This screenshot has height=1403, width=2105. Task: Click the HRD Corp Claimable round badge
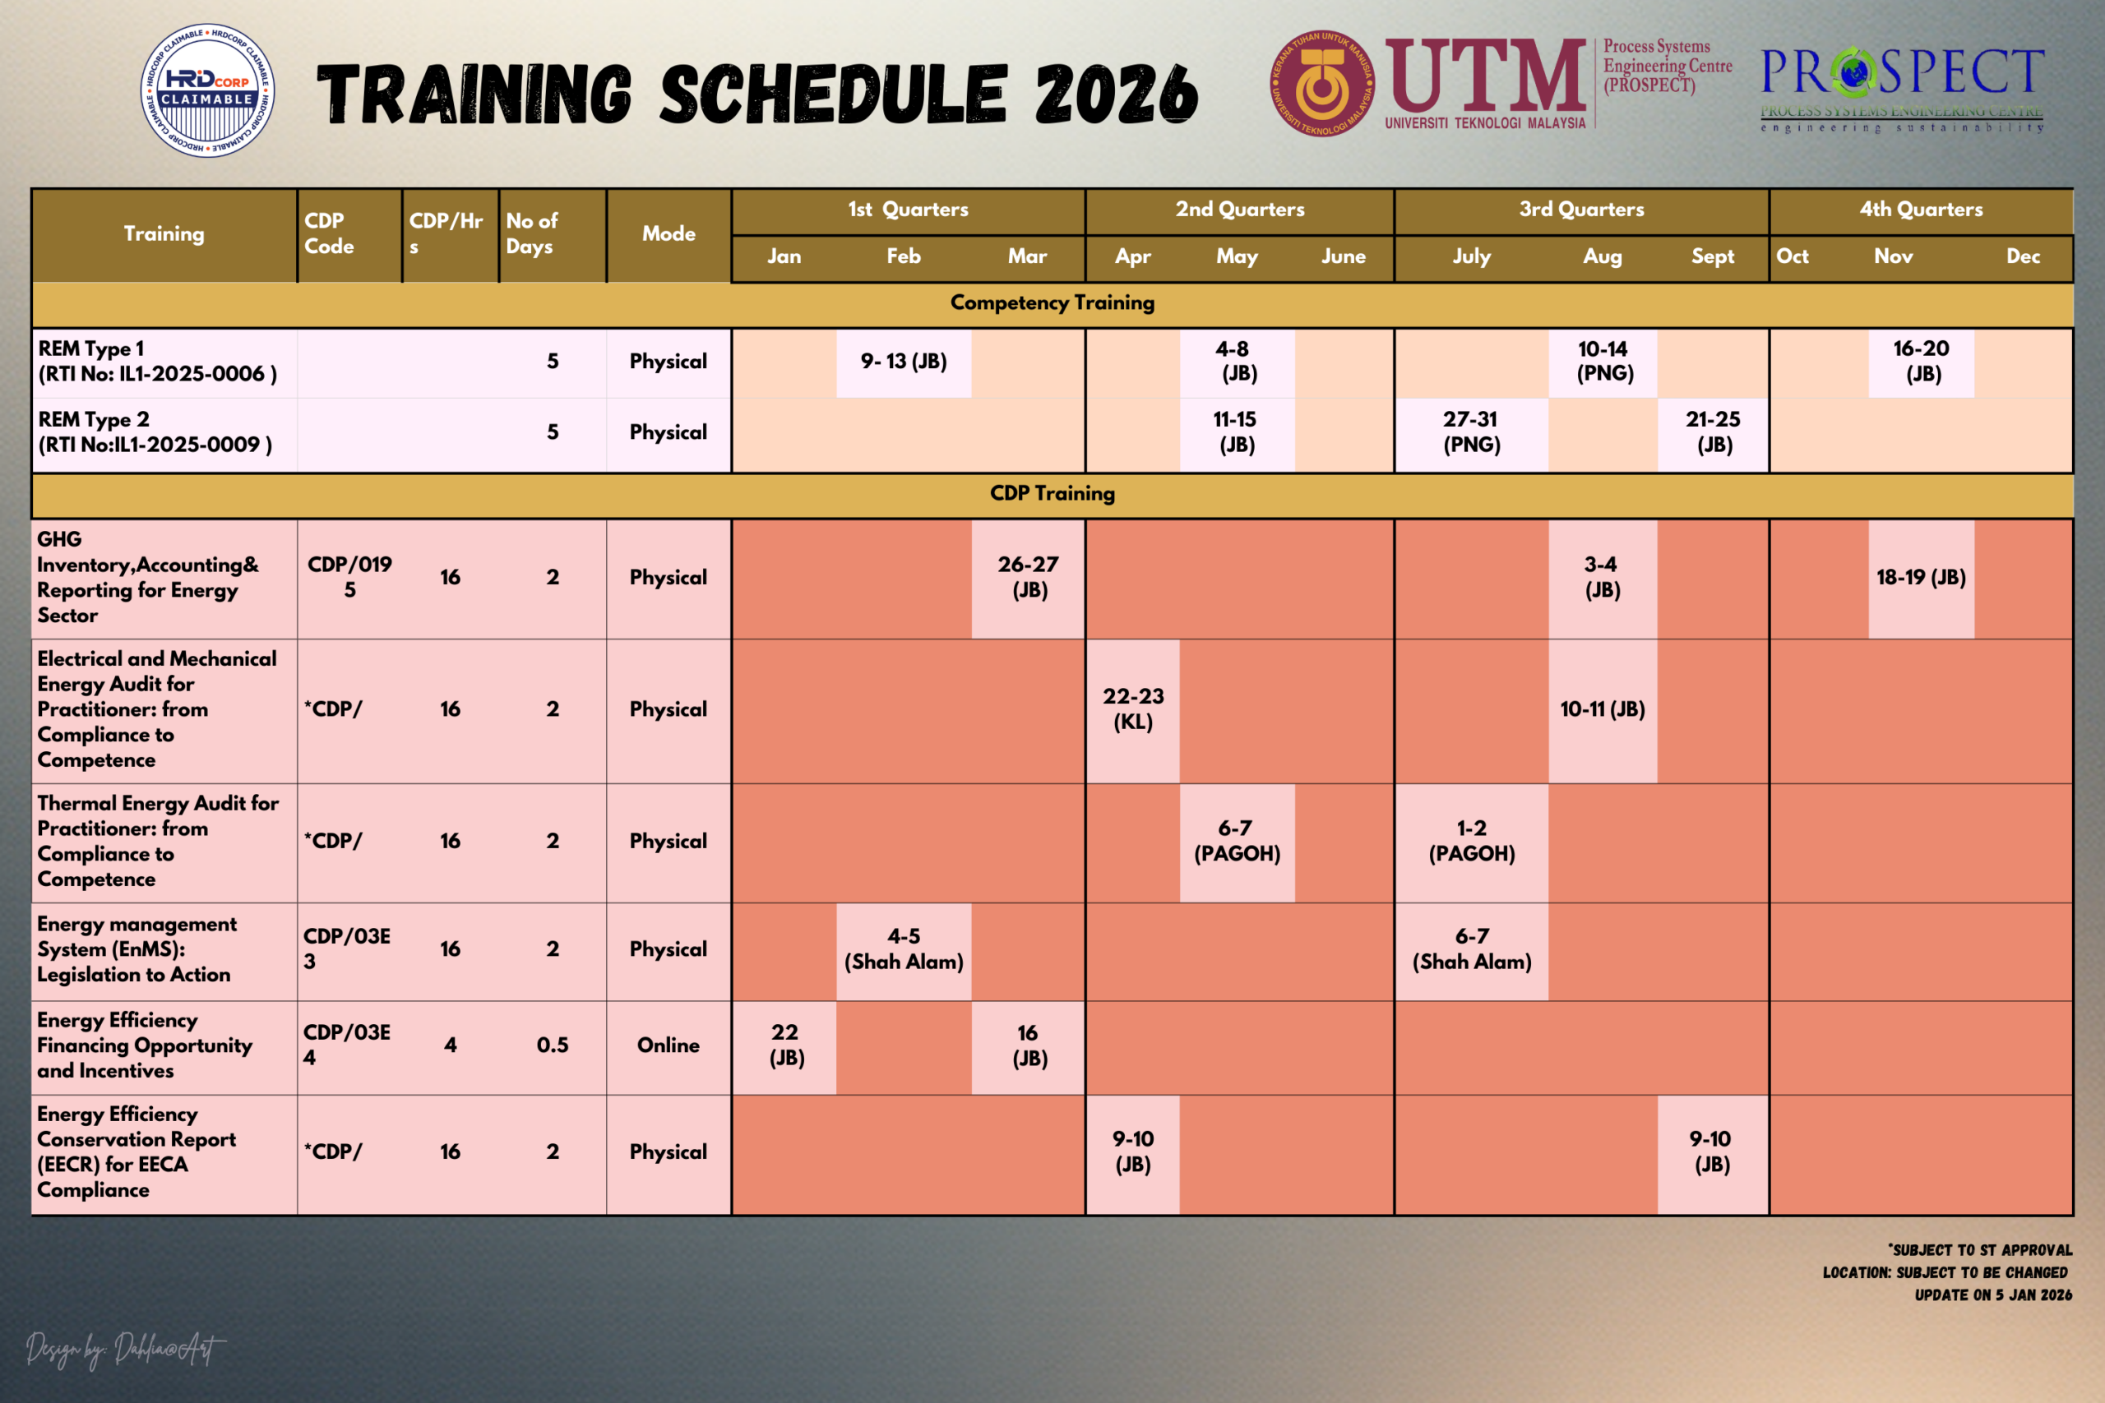[x=208, y=90]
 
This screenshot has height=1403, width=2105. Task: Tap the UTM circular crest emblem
[x=1323, y=83]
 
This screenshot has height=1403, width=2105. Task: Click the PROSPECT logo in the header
[x=1903, y=90]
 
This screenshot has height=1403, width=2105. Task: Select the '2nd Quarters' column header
[x=1239, y=210]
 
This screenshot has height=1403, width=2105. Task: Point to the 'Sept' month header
[x=1712, y=256]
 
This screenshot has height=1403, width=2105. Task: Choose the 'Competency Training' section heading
[x=1052, y=302]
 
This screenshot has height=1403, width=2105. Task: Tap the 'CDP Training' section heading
[x=1052, y=493]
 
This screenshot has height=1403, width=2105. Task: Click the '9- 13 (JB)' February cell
[x=904, y=362]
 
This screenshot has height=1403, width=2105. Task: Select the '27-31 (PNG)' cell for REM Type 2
[x=1471, y=432]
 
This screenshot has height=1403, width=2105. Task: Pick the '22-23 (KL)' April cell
[x=1133, y=709]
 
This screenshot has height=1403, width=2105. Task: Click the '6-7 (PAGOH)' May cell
[x=1237, y=841]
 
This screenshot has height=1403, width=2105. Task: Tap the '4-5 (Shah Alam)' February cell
[x=904, y=949]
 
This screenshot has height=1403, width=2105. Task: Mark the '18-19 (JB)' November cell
[x=1922, y=577]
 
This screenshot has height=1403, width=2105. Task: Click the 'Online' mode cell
[x=669, y=1045]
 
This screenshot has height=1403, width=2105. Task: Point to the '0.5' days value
[x=553, y=1045]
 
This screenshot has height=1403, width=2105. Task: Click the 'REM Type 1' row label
[x=90, y=349]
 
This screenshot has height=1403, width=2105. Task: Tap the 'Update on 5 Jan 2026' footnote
[x=1993, y=1295]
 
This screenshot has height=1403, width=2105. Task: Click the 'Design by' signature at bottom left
[x=125, y=1350]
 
